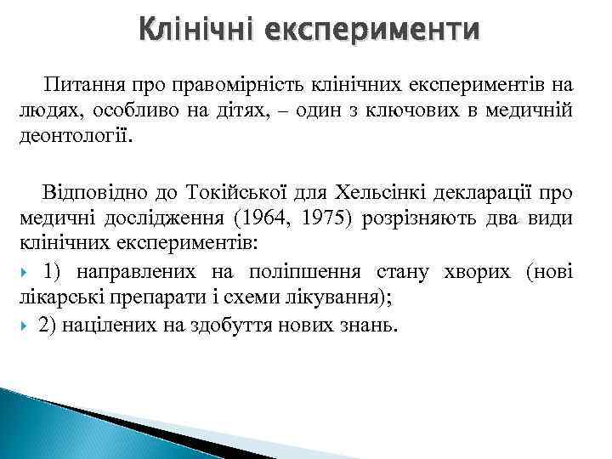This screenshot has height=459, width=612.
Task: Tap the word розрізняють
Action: pos(416,218)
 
